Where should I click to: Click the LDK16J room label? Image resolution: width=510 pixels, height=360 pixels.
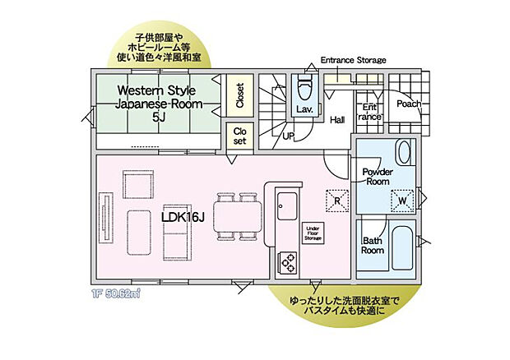183,216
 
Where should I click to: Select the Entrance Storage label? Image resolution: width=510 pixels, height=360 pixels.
353,61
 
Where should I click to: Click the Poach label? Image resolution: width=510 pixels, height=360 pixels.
409,104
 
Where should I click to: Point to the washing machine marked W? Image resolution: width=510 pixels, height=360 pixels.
403,200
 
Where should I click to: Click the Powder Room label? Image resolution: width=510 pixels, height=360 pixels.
378,176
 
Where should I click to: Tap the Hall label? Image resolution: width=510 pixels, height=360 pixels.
337,120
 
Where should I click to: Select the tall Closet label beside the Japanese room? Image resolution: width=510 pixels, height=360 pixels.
239,97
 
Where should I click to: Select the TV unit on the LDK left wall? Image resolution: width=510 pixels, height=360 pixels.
105,218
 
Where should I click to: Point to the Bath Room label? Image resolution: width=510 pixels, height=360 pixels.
373,245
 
